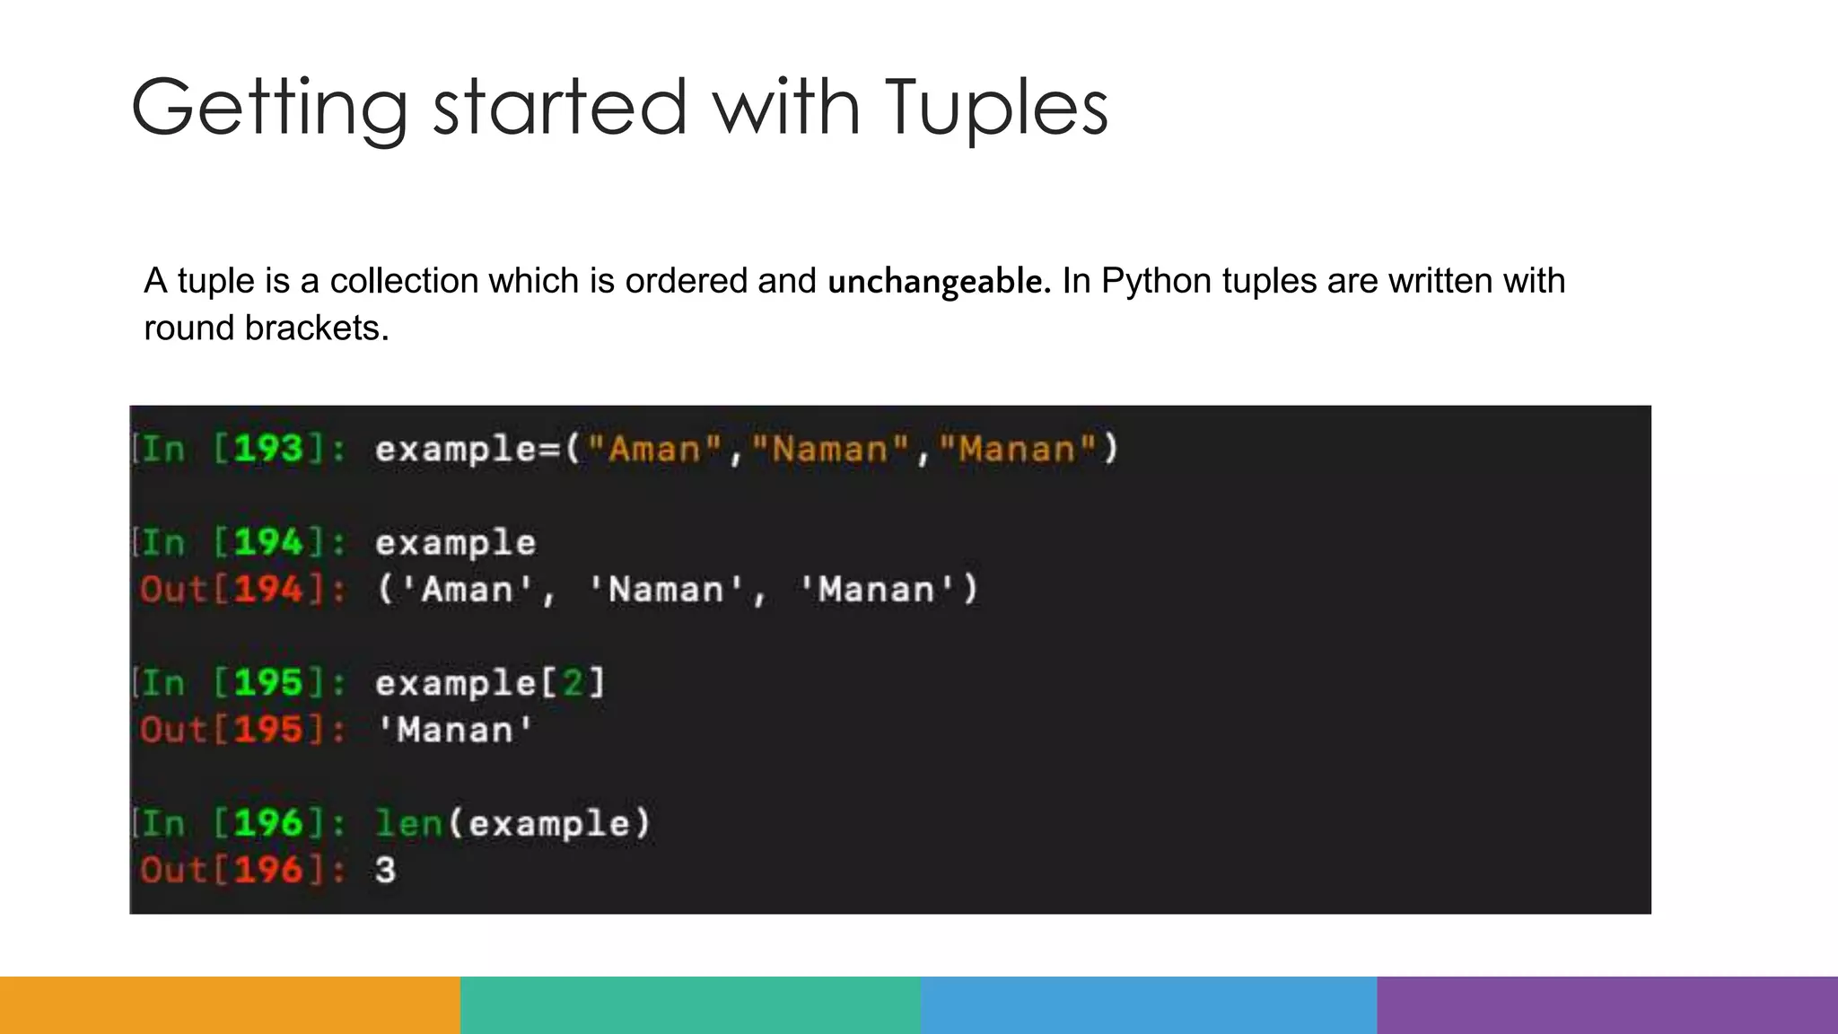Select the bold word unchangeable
tap(938, 282)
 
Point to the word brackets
tap(317, 329)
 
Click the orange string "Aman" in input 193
tap(654, 449)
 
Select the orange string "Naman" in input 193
tap(829, 449)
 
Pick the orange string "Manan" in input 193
tap(1017, 449)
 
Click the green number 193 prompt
tap(268, 449)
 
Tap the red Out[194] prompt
tap(241, 590)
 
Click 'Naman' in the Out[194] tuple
tap(666, 590)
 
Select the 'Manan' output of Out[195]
tap(455, 730)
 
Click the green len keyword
tap(408, 823)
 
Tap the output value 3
tap(385, 870)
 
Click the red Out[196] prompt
tap(241, 870)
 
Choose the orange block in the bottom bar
tap(230, 1005)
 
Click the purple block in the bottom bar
tap(1607, 1005)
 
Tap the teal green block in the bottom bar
tap(690, 1005)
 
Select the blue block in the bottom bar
tap(1149, 1005)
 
